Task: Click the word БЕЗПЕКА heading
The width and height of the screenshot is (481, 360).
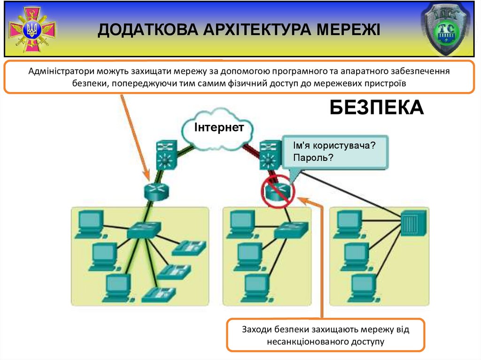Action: point(376,107)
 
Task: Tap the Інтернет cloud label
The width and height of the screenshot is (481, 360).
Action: point(219,127)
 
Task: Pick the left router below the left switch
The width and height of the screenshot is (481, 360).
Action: point(155,191)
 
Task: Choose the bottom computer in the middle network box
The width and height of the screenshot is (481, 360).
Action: point(256,286)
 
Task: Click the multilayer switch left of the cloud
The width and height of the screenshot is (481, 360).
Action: point(165,155)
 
